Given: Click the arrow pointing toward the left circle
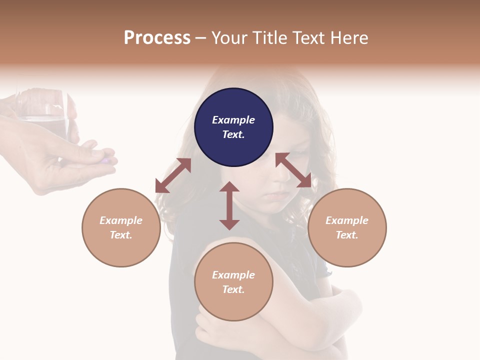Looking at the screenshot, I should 173,175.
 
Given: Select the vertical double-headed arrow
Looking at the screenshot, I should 229,205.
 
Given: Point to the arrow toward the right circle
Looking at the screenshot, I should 293,170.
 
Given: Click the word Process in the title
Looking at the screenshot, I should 157,37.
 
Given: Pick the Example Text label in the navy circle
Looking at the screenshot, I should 233,127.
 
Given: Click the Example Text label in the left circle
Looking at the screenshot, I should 121,227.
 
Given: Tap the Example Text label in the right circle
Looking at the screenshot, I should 347,227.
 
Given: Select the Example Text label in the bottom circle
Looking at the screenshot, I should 233,282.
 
